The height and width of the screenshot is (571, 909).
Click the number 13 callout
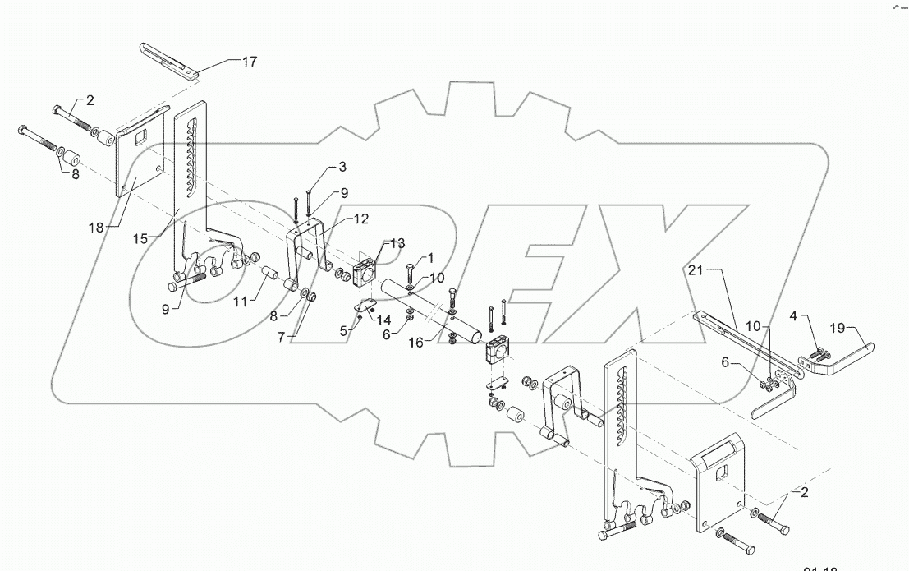(397, 243)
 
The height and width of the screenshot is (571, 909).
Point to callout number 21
(697, 270)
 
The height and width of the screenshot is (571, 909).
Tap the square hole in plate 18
(142, 137)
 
